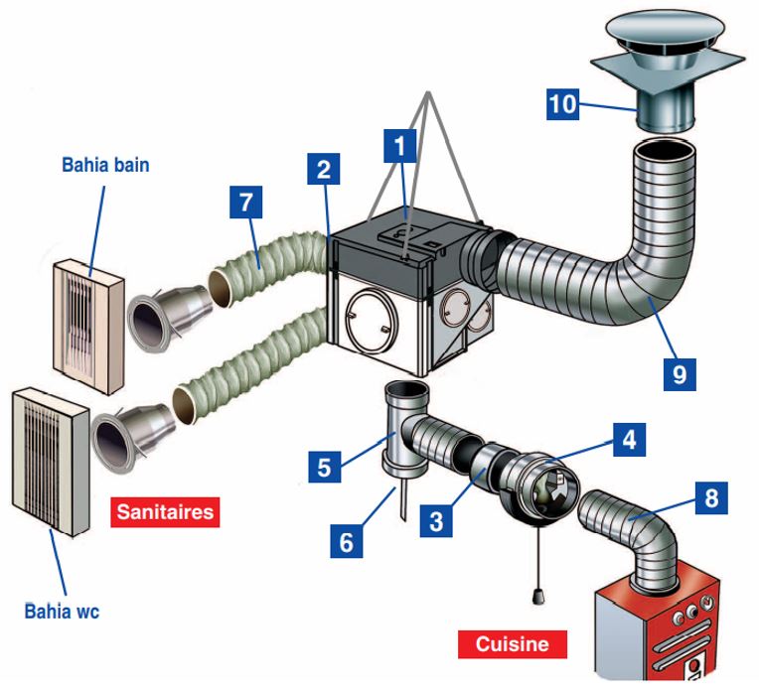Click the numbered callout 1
tap(400, 148)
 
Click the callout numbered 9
tap(679, 372)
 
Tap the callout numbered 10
tap(563, 103)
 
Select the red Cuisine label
tap(512, 643)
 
